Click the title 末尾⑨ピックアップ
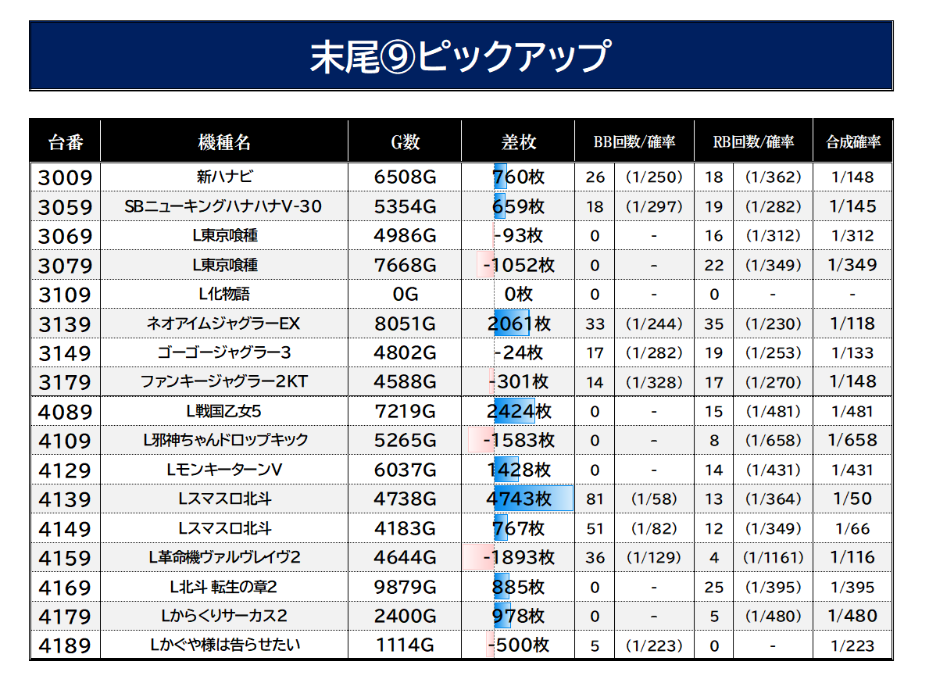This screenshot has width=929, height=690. pos(460,56)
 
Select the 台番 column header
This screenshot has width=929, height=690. pos(65,142)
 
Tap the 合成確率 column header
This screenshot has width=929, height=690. pos(853,142)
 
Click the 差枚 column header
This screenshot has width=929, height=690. pos(519,142)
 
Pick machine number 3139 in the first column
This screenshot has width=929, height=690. pos(65,324)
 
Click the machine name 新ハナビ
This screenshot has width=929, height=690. pos(224,177)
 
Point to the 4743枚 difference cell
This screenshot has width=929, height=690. pos(519,499)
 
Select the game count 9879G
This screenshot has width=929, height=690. pos(406,587)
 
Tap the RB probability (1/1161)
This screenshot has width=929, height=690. pos(774,557)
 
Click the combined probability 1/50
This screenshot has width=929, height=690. pos(852,499)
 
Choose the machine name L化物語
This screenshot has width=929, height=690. pos(224,294)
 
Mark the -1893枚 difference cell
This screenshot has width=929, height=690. pos(519,557)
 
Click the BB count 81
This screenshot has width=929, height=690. pos(595,499)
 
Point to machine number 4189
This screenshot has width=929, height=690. pos(65,645)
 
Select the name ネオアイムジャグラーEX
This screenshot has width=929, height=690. pos(223,324)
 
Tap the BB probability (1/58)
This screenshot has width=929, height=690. pos(654,499)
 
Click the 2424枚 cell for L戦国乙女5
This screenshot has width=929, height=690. pos(519,411)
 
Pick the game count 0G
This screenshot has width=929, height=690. pos(406,294)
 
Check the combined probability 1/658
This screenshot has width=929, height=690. pos(852,440)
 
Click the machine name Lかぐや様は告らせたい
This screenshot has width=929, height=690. pos(225,645)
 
